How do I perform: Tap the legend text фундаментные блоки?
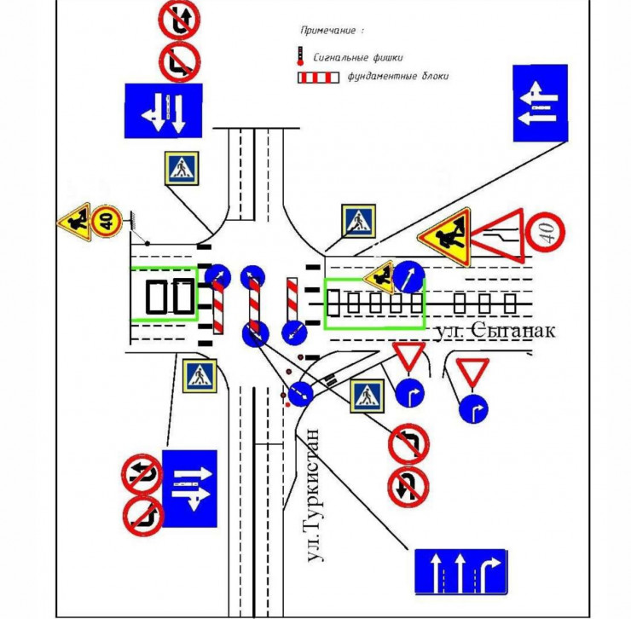(398, 77)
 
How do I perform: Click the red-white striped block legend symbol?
(317, 78)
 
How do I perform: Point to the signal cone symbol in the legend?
(299, 57)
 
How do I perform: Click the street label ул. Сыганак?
(494, 330)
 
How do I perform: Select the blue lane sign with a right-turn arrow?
(460, 572)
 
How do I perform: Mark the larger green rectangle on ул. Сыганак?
(374, 303)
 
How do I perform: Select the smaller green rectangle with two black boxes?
(163, 294)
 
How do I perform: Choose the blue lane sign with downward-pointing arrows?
(163, 109)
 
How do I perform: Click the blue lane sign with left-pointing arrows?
(540, 102)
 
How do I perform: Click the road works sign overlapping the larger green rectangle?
(378, 276)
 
